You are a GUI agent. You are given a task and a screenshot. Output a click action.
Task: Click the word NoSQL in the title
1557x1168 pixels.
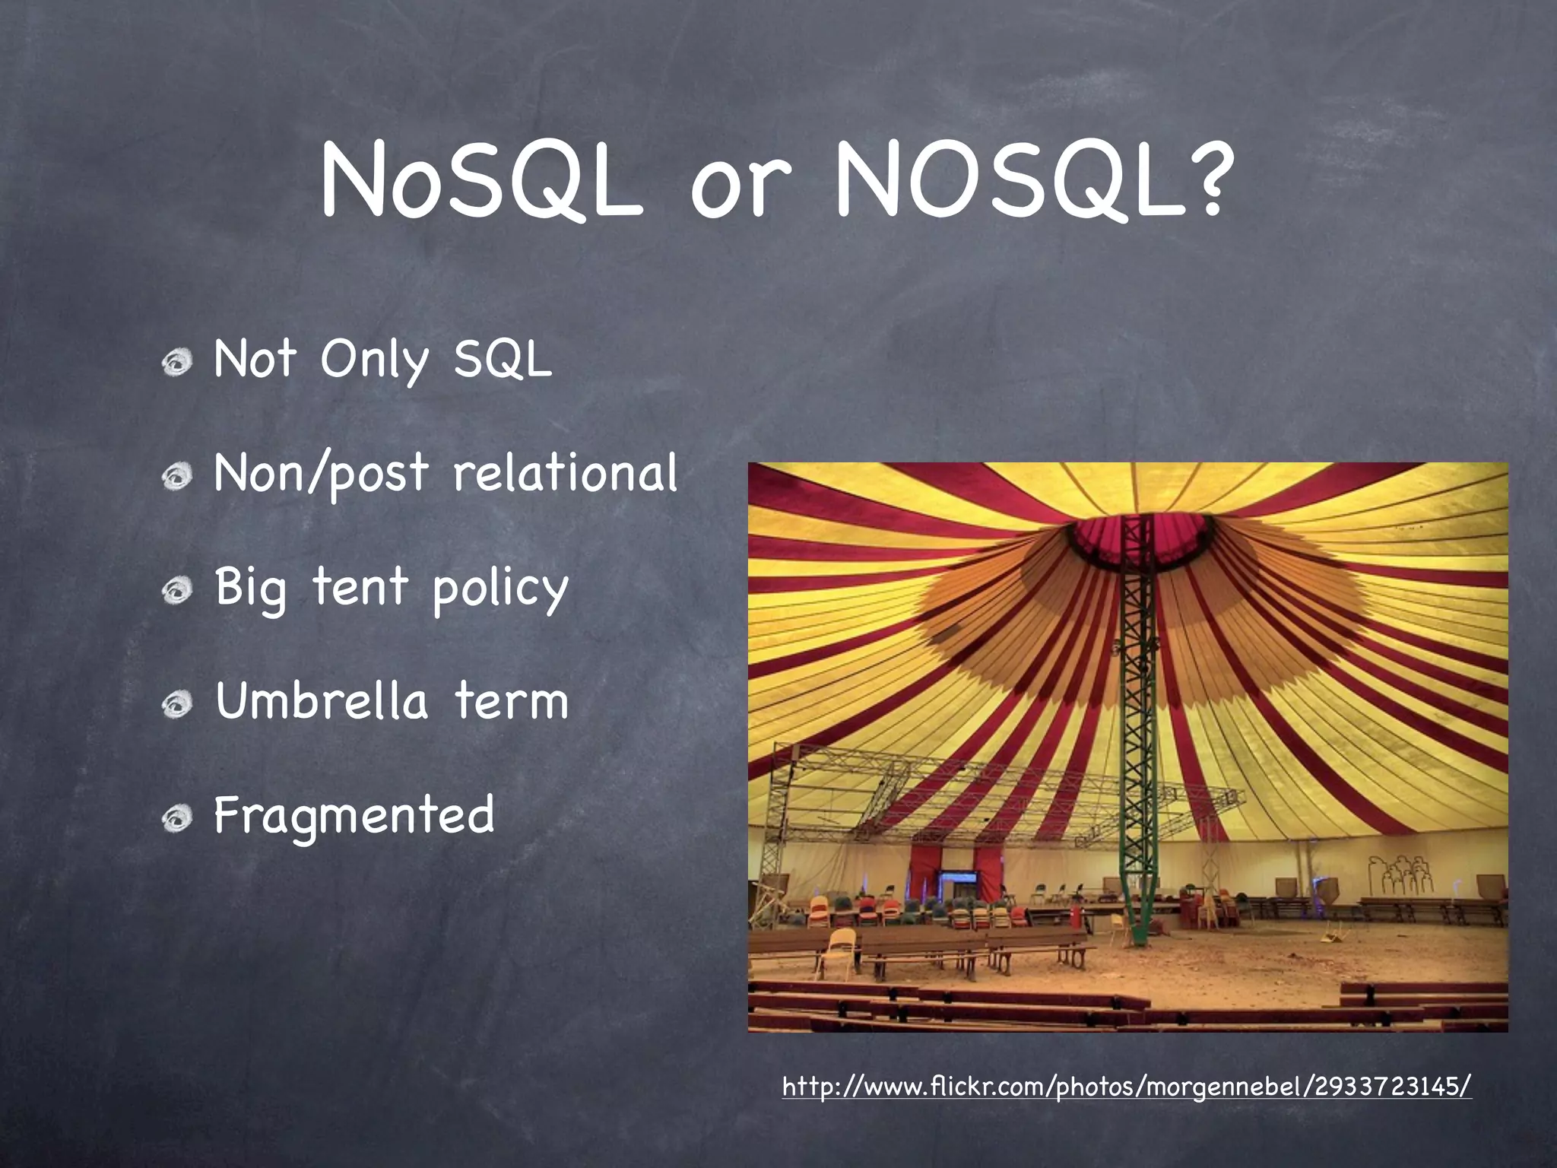point(480,182)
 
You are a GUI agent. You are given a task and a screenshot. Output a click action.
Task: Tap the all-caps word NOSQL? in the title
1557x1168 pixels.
point(1030,182)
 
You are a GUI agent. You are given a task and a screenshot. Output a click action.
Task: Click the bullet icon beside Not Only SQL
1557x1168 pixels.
point(177,362)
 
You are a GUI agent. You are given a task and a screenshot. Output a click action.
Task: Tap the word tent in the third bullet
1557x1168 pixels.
point(360,587)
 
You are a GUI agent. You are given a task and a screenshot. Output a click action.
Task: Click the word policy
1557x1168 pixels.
point(500,589)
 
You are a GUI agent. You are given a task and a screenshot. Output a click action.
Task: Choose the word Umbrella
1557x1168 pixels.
point(321,700)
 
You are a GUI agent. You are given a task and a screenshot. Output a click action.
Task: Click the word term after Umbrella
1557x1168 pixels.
point(511,701)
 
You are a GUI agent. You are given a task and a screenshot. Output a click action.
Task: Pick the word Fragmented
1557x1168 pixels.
point(354,816)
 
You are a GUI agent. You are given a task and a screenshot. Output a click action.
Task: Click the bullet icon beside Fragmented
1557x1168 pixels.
point(177,818)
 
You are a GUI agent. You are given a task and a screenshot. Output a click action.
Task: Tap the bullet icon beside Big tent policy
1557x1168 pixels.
point(177,590)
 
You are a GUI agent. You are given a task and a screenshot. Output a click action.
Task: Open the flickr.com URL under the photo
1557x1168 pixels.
point(1127,1086)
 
